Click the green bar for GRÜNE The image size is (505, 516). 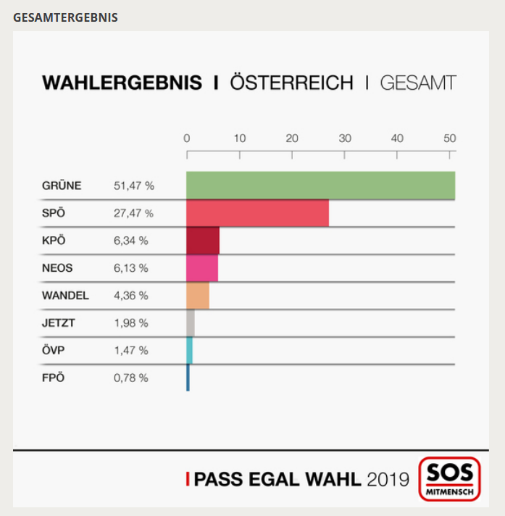click(320, 186)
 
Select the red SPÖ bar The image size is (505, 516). click(257, 213)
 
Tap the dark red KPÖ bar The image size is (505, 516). click(203, 241)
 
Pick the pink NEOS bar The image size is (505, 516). click(202, 268)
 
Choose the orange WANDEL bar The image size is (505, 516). click(198, 296)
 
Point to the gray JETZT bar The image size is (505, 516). click(191, 323)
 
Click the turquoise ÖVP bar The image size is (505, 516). click(189, 351)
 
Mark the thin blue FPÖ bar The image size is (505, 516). click(188, 378)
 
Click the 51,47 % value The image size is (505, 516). click(134, 186)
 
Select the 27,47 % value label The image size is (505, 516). click(133, 214)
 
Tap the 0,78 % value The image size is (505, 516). click(131, 378)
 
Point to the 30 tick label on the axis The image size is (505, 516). click(345, 138)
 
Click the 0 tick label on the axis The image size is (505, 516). click(187, 138)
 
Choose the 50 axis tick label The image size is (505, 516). click(450, 138)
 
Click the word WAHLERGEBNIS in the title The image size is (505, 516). click(122, 83)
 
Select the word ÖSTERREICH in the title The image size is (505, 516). click(291, 83)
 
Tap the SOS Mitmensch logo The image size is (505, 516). click(449, 479)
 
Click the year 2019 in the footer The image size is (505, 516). click(388, 479)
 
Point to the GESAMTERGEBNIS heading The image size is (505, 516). click(65, 17)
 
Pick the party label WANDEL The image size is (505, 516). click(65, 296)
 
